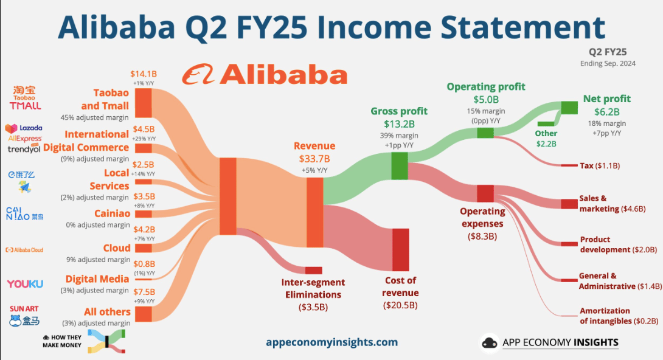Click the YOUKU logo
(x=25, y=283)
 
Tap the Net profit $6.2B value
(x=607, y=112)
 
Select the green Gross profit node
(x=399, y=166)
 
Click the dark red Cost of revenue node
(x=400, y=250)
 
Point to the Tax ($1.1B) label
(x=600, y=165)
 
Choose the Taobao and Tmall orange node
(x=144, y=103)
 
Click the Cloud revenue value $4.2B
(x=144, y=229)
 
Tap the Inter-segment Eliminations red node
(x=313, y=271)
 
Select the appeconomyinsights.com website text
(x=332, y=342)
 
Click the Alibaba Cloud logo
(x=24, y=250)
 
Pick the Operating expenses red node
(x=485, y=193)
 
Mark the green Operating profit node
(x=485, y=133)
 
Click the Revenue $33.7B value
(x=314, y=159)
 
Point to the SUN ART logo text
(x=24, y=309)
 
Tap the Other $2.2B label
(x=546, y=139)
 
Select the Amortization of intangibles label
(x=619, y=316)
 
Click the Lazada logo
(x=24, y=128)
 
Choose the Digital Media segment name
(x=97, y=279)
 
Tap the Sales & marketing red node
(x=569, y=204)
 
